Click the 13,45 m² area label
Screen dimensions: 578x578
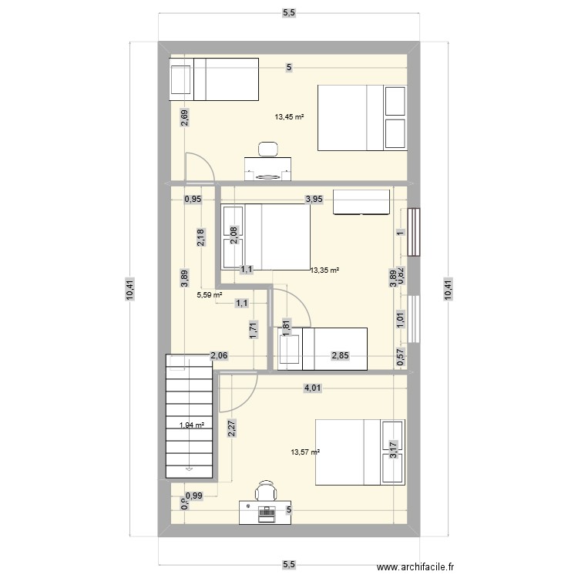tap(289, 118)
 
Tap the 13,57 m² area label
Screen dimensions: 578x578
tap(304, 452)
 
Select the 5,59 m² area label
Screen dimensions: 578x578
tap(210, 294)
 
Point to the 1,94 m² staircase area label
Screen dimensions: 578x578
tap(191, 425)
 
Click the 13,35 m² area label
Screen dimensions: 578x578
tap(325, 271)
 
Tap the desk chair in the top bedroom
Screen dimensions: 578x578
tap(267, 149)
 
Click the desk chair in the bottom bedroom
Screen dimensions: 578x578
tap(266, 490)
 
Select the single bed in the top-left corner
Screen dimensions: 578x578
tap(213, 79)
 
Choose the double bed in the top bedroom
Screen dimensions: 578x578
tap(362, 117)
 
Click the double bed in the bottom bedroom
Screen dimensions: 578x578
tap(359, 452)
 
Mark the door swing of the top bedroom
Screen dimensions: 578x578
tap(197, 167)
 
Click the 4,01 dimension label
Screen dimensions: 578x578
tap(312, 389)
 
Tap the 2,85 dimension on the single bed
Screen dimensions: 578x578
tap(340, 355)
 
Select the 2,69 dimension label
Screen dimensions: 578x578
tap(183, 118)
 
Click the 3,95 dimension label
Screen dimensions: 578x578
tap(314, 200)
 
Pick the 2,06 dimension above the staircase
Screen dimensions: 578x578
tap(219, 355)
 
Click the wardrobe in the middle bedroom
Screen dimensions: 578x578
tap(361, 200)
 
